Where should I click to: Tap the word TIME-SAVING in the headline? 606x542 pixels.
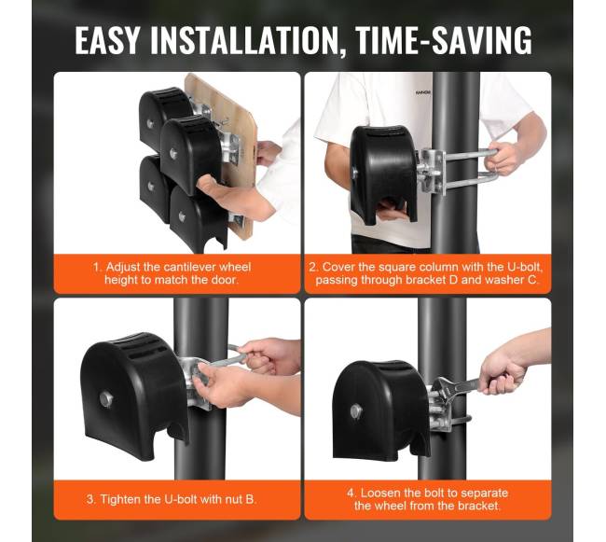tap(443, 40)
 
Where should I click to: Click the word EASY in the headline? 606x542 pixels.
tap(106, 40)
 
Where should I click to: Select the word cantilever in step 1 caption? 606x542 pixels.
tap(188, 267)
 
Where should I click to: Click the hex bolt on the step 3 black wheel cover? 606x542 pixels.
tap(106, 399)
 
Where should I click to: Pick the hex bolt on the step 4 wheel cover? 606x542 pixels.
tap(356, 412)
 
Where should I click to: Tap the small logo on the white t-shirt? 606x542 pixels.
tap(423, 93)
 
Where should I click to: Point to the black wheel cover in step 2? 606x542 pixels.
tap(382, 174)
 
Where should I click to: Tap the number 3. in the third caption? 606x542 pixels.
tap(91, 499)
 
